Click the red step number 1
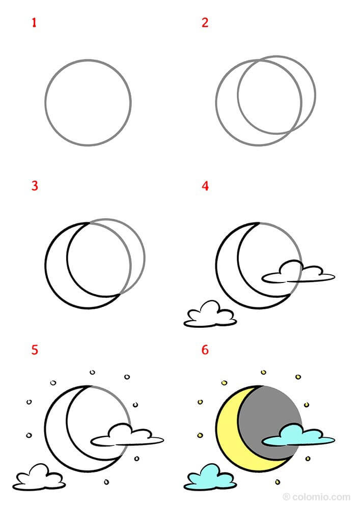34,23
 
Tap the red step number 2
205,23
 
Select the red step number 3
35,186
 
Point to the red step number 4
205,186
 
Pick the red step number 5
35,350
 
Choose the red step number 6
205,350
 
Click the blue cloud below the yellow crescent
210,478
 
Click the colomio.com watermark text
317,497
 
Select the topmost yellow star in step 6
264,372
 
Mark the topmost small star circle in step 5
93,372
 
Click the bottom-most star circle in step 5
106,482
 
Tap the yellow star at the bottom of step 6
278,482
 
